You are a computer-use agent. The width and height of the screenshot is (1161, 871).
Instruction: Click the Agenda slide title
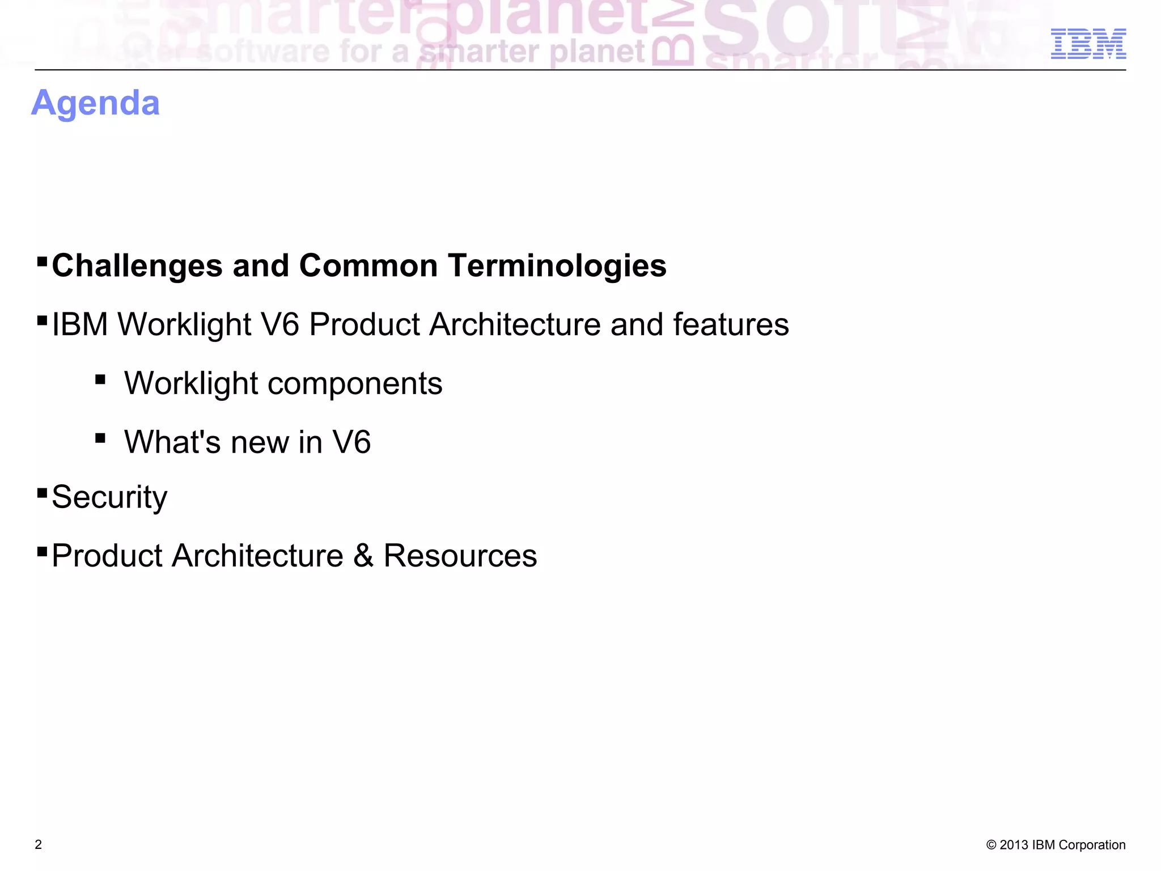tap(95, 103)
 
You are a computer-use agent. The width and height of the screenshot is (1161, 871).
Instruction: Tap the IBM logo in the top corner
tap(1088, 44)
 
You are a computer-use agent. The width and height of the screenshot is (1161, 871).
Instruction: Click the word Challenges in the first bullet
tap(137, 265)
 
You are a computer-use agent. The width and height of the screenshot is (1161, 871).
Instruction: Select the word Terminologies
tap(557, 265)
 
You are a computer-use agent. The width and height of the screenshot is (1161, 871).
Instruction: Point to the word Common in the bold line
tap(368, 265)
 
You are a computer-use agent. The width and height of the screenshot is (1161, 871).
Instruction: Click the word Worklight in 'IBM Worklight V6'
tap(184, 324)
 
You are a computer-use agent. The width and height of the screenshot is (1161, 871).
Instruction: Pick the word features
tap(731, 324)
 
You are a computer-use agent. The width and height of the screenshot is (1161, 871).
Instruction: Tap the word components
tap(355, 383)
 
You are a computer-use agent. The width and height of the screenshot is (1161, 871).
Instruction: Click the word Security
tap(109, 497)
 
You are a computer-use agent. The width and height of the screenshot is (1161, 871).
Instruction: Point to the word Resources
tap(460, 555)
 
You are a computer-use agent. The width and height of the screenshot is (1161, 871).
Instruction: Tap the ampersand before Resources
tap(363, 555)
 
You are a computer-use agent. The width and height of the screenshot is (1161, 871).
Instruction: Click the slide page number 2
tap(39, 844)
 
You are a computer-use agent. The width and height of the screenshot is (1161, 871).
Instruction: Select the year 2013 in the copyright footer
tap(1014, 845)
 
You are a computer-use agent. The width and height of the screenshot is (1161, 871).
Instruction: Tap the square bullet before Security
tap(42, 493)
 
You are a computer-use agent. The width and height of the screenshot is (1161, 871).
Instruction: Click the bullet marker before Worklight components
tap(100, 379)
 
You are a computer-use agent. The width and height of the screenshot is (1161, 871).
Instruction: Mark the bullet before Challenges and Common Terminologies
tap(42, 261)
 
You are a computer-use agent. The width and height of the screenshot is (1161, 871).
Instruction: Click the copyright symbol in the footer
tap(991, 845)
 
